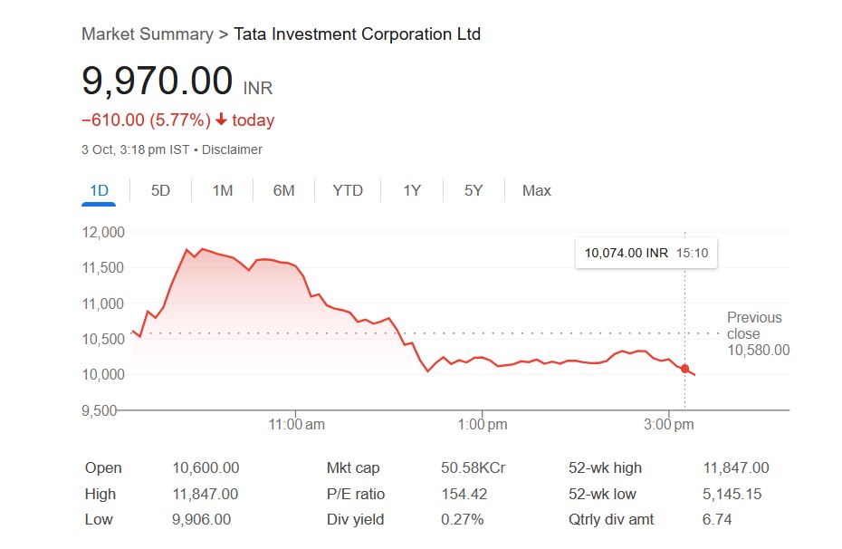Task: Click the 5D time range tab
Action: (x=160, y=190)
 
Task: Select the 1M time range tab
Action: (x=223, y=190)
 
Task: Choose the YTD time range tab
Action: (x=348, y=190)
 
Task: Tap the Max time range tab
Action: (x=536, y=190)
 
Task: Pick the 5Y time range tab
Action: (x=474, y=190)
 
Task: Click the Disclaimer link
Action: (x=232, y=149)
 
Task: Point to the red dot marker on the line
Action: (x=684, y=368)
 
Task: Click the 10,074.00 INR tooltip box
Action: (x=646, y=254)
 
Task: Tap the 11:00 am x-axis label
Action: (x=297, y=425)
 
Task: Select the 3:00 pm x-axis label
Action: (x=669, y=425)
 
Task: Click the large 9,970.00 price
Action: (x=158, y=82)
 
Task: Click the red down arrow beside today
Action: (x=221, y=120)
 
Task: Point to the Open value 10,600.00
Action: (x=206, y=467)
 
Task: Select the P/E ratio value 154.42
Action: (x=463, y=494)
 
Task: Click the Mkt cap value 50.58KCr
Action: (x=473, y=467)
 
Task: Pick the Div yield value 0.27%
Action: (x=462, y=519)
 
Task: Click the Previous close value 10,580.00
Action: (x=758, y=350)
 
